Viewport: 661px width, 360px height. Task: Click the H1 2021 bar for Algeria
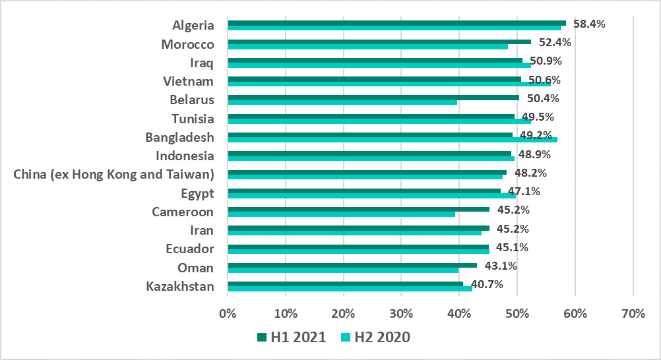pyautogui.click(x=396, y=22)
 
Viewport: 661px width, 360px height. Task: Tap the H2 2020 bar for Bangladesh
pyautogui.click(x=392, y=140)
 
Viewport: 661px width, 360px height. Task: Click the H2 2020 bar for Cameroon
pyautogui.click(x=341, y=214)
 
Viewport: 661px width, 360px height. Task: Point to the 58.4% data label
pyautogui.click(x=589, y=24)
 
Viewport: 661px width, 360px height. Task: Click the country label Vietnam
pyautogui.click(x=189, y=81)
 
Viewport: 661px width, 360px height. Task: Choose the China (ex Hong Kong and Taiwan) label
pyautogui.click(x=113, y=175)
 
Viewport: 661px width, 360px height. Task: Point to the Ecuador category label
pyautogui.click(x=190, y=249)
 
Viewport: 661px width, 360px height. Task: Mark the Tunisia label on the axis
pyautogui.click(x=193, y=119)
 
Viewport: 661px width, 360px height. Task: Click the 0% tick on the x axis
pyautogui.click(x=228, y=314)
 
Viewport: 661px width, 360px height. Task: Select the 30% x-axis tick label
pyautogui.click(x=401, y=314)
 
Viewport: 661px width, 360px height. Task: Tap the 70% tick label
pyautogui.click(x=633, y=314)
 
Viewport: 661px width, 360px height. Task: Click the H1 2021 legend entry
pyautogui.click(x=291, y=337)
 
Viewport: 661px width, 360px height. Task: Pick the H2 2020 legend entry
pyautogui.click(x=375, y=337)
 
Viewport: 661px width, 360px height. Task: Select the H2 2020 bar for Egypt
pyautogui.click(x=371, y=196)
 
